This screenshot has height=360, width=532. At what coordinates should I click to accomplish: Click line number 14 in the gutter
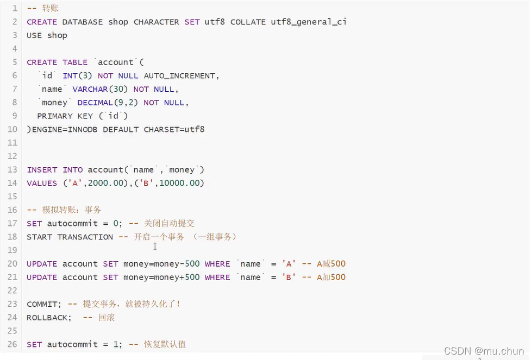[x=12, y=183]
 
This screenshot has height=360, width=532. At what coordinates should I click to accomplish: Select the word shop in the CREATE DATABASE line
[x=118, y=22]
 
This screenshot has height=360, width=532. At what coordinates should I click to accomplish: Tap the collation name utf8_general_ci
[x=308, y=22]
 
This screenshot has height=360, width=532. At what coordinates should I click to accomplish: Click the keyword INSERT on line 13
[x=42, y=170]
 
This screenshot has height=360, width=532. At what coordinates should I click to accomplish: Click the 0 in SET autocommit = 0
[x=116, y=223]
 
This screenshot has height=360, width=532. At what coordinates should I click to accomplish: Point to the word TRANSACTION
[x=85, y=237]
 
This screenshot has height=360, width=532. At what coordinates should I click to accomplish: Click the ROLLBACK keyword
[x=47, y=318]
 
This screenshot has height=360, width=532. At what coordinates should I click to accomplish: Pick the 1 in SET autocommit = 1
[x=116, y=344]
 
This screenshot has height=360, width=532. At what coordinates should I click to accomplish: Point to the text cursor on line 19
[x=155, y=246]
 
